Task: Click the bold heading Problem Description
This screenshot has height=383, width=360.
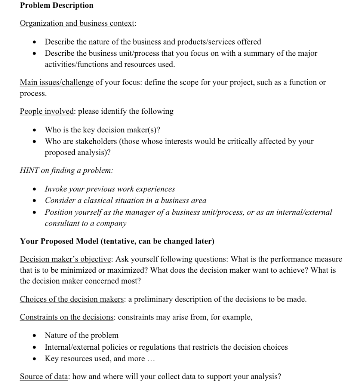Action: pyautogui.click(x=56, y=6)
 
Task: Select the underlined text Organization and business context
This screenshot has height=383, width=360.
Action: pyautogui.click(x=77, y=24)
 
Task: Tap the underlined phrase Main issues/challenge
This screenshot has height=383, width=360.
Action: pyautogui.click(x=56, y=82)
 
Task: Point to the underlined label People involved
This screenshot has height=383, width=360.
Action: pyautogui.click(x=47, y=111)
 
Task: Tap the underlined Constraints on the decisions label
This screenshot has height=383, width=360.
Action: pyautogui.click(x=68, y=318)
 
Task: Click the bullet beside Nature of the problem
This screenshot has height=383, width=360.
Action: pyautogui.click(x=34, y=336)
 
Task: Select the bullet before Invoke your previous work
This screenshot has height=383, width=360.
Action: pyautogui.click(x=34, y=189)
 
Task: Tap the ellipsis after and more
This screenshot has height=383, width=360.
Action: pyautogui.click(x=150, y=359)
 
